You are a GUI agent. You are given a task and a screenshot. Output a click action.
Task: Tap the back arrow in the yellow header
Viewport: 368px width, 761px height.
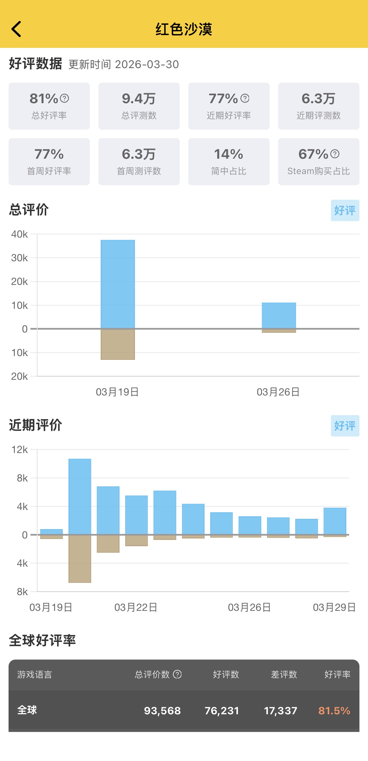click(17, 29)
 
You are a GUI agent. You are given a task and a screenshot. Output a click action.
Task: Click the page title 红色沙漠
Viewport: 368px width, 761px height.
click(184, 29)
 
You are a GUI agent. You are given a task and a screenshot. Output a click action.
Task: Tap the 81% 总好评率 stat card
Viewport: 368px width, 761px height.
click(49, 106)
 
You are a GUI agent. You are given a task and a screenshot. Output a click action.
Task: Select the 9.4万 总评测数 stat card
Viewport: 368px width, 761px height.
click(139, 106)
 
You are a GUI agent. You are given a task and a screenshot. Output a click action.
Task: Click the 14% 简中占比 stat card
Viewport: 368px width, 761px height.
click(229, 162)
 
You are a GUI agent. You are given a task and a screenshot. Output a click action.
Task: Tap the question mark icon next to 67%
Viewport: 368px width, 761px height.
click(335, 154)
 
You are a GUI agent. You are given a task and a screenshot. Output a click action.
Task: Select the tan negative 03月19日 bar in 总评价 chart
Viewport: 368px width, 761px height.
click(118, 344)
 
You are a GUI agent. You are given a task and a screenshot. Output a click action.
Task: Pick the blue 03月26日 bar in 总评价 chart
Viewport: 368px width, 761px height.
click(279, 315)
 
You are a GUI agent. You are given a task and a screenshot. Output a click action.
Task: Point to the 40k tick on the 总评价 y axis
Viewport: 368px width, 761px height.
click(19, 234)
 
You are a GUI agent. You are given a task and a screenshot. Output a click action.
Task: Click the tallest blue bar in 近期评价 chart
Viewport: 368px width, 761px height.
click(80, 496)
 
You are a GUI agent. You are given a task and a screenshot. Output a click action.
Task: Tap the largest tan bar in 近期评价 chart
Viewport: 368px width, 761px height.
click(80, 558)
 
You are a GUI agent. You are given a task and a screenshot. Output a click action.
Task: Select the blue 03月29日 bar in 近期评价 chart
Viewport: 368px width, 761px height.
click(335, 521)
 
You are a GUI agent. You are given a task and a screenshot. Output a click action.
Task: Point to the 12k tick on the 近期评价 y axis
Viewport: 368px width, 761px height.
click(19, 450)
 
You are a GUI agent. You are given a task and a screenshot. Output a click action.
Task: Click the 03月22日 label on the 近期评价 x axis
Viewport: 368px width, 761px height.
click(136, 607)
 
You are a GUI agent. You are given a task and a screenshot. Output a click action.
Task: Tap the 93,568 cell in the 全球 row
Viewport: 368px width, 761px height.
click(162, 711)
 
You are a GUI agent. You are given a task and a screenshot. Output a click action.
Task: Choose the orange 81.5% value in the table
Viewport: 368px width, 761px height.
click(334, 711)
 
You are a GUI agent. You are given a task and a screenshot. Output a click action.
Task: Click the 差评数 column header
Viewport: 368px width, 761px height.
click(284, 674)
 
